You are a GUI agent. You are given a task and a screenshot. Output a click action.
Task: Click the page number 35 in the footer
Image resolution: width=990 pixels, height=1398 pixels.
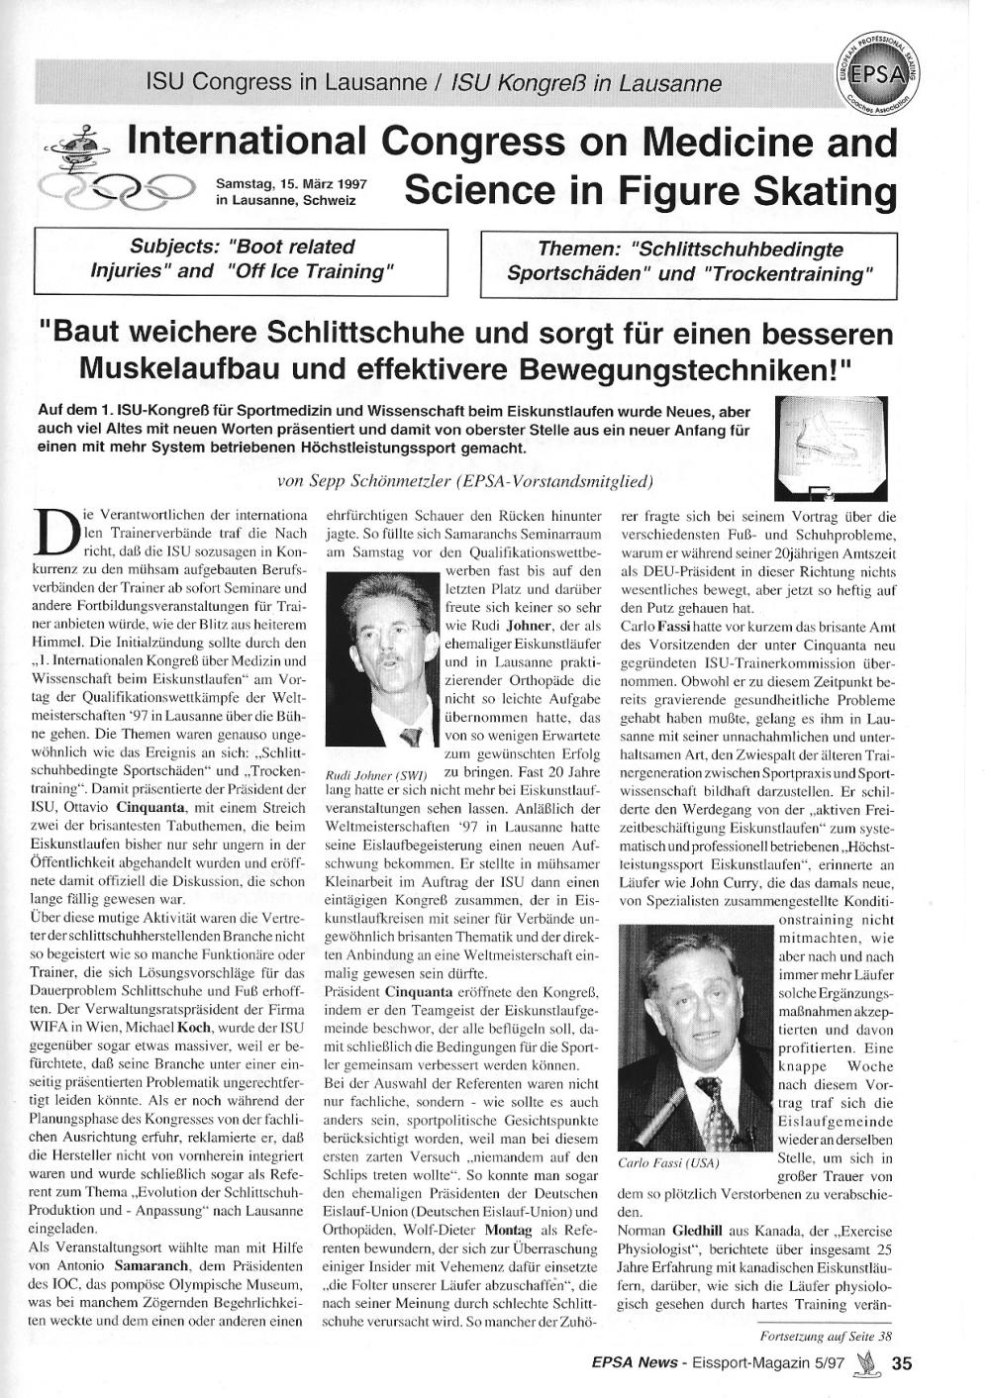[901, 1364]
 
